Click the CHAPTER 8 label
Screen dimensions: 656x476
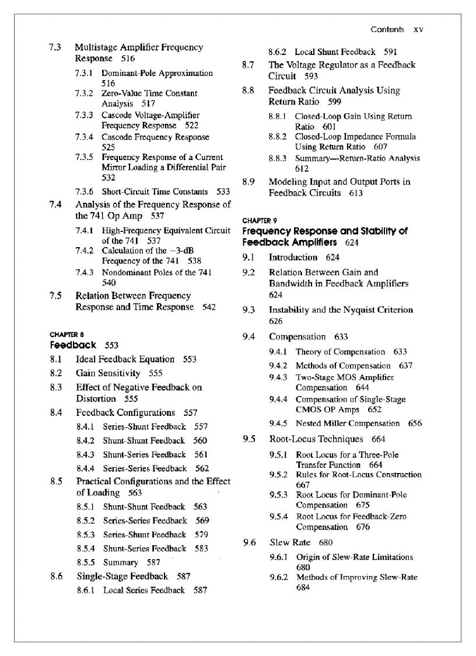(65, 335)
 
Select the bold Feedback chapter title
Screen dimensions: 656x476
(73, 345)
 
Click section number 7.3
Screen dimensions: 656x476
(55, 47)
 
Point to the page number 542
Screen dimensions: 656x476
(209, 307)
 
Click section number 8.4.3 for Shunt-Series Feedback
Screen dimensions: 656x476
(86, 454)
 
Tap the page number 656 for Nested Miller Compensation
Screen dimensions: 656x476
(415, 424)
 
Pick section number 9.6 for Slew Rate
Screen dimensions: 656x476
(249, 542)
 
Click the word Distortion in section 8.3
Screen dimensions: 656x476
(96, 398)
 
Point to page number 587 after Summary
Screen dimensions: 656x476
(153, 563)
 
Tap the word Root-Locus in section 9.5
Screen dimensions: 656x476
(296, 439)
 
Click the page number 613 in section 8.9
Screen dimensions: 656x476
(356, 193)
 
